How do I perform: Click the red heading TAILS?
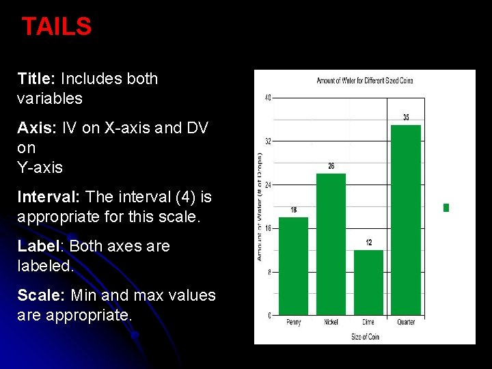pos(57,27)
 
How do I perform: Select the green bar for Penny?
pos(294,266)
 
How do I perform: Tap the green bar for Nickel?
pos(331,246)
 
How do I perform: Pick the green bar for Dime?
pos(368,283)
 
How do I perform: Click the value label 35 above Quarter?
pos(406,118)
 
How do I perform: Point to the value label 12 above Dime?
pos(369,243)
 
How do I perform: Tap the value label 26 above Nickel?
pos(331,166)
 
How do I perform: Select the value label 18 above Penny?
pos(294,210)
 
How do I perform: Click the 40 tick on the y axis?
pos(268,98)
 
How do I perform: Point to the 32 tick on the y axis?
pos(268,141)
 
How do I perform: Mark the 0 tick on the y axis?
pos(269,316)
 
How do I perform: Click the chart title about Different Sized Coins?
pos(364,81)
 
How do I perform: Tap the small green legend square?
pos(446,208)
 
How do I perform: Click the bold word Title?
pos(36,79)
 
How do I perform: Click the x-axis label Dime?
pos(368,323)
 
